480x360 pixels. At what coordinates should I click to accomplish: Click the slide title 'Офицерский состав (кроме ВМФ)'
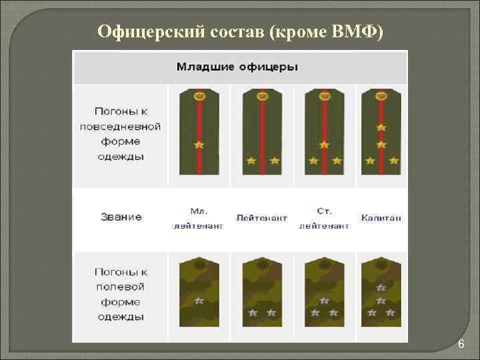tap(240, 31)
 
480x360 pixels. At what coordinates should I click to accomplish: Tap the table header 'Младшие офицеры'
tap(237, 67)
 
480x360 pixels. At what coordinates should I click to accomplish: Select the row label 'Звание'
tap(121, 217)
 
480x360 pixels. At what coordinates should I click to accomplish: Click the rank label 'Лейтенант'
tap(261, 218)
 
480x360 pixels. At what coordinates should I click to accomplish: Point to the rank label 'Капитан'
tap(381, 218)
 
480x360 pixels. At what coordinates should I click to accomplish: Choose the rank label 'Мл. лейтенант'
tap(199, 218)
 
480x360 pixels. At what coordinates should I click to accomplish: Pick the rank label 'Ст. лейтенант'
tap(324, 218)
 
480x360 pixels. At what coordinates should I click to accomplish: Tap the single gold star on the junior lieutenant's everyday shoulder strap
tap(199, 145)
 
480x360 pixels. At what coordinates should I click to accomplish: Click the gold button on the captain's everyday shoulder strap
tap(381, 95)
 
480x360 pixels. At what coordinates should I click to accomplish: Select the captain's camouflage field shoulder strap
tap(381, 289)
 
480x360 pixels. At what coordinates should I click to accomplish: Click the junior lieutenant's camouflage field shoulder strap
tap(199, 289)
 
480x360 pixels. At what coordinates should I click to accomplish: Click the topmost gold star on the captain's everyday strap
tap(381, 127)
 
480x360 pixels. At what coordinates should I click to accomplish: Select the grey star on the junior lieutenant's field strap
tap(199, 301)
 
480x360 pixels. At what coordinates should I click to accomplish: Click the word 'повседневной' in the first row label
tap(120, 125)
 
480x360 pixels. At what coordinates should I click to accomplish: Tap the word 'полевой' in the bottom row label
tap(121, 287)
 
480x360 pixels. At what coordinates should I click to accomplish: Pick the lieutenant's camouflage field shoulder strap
tap(261, 289)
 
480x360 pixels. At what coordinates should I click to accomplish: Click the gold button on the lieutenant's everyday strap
tap(261, 95)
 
